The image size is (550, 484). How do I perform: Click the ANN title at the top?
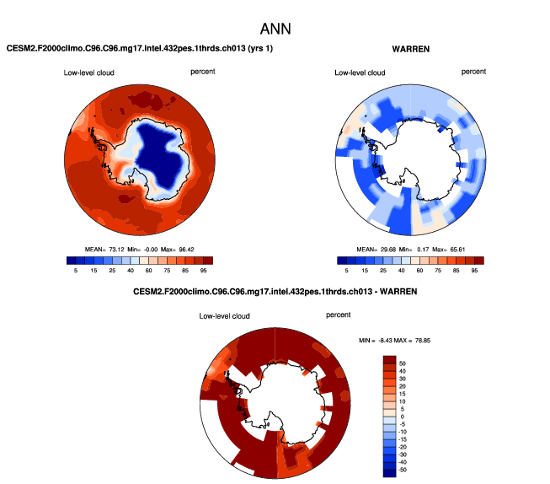[275, 28]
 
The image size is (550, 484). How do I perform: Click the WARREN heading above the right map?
[410, 49]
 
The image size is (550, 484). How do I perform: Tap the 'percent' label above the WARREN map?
[474, 73]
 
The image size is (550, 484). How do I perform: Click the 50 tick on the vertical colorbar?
[403, 361]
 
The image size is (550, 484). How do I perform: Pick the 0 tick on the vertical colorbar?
[402, 416]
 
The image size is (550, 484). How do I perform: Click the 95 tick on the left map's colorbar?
[204, 271]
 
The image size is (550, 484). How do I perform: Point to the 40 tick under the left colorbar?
[131, 271]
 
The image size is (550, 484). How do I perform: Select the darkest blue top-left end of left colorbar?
[71, 261]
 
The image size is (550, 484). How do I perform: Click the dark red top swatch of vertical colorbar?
[389, 359]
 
